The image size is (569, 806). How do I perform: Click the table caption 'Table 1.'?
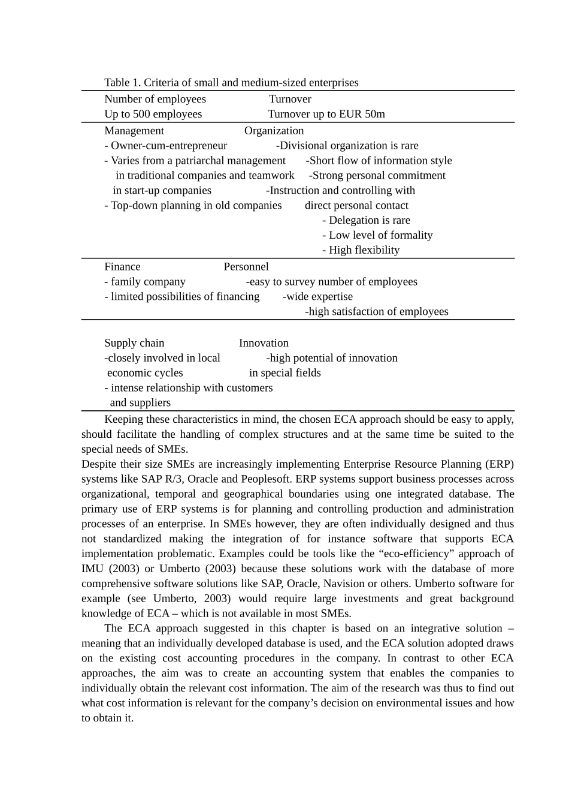click(123, 83)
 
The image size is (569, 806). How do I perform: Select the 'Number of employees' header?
click(155, 99)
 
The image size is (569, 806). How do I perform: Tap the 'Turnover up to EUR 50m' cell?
click(326, 114)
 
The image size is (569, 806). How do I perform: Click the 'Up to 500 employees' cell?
click(153, 114)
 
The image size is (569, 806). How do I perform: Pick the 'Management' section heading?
click(134, 131)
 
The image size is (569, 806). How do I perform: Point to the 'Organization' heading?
click(274, 131)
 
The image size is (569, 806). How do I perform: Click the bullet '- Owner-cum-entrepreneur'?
click(165, 146)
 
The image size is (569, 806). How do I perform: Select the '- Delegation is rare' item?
click(366, 220)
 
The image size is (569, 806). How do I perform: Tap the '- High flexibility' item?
click(361, 250)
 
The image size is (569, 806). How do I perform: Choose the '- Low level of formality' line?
click(377, 235)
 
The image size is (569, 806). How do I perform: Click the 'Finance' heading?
click(122, 267)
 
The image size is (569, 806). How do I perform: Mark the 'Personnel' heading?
click(246, 267)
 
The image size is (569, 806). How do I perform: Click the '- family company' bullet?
click(145, 282)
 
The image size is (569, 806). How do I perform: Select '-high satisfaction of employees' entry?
click(376, 311)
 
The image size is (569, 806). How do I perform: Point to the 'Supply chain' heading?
click(134, 343)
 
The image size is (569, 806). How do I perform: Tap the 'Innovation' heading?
click(264, 343)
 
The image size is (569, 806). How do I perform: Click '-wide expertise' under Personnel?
click(317, 296)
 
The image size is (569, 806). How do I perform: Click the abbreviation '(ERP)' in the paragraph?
click(500, 464)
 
